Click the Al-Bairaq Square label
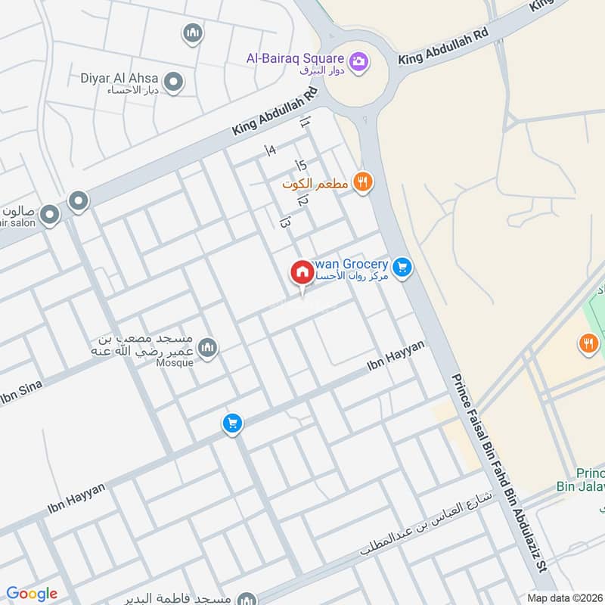point(296,57)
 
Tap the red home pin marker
point(302,272)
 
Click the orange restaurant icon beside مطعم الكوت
point(363,181)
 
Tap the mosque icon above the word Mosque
point(209,347)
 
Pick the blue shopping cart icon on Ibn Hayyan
point(232,423)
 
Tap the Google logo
point(32,594)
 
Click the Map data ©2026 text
point(564,597)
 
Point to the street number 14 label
point(270,150)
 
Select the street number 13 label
point(285,222)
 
